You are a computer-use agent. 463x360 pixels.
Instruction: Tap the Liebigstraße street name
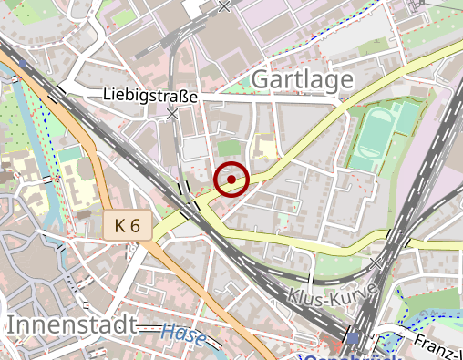click(149, 95)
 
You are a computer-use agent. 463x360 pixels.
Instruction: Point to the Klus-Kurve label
click(332, 296)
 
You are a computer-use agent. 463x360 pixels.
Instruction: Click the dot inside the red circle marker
click(232, 180)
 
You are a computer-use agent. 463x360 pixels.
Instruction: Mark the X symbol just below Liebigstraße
click(172, 114)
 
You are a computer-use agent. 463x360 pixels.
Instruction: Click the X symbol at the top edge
click(225, 6)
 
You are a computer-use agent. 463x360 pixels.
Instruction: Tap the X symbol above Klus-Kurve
click(376, 262)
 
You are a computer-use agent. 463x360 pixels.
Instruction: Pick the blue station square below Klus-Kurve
click(354, 338)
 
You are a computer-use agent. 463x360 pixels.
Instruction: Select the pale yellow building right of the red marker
click(265, 149)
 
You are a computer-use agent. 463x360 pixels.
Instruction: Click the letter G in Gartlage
click(259, 80)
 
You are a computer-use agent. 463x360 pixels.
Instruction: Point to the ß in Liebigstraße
click(188, 95)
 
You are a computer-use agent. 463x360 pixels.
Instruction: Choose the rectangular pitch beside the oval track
click(406, 118)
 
